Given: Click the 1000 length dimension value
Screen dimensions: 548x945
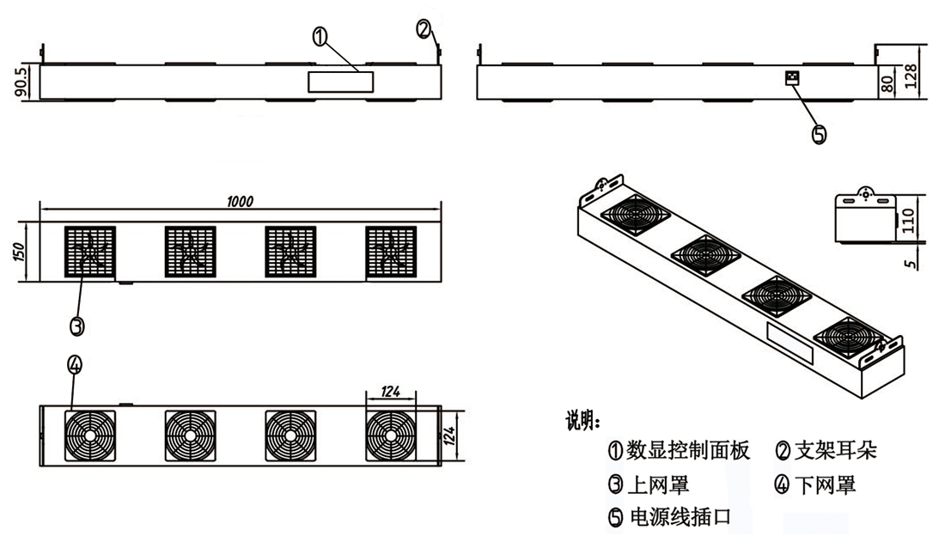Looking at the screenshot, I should pos(241,201).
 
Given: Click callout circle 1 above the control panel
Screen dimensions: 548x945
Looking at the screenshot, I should pos(320,36).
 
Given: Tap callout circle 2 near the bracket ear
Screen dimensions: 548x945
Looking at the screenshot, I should pos(424,28).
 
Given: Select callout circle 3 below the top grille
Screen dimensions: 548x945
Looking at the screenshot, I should pos(76,326).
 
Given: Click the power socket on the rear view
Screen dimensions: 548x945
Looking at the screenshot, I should pos(790,78).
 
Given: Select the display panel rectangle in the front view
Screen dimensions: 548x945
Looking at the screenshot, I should pos(341,82).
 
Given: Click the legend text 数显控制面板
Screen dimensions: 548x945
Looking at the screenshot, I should pos(688,450).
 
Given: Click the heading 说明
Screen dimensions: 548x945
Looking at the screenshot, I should pos(583,421).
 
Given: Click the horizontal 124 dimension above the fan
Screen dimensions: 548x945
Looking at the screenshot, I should pos(391,392).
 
